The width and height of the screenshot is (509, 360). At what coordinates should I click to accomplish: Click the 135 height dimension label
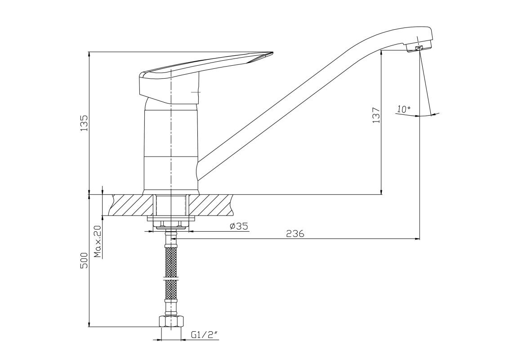point(84,122)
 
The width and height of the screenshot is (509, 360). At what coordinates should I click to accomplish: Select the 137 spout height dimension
point(376,115)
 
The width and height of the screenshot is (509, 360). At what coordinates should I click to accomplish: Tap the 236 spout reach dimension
point(295,234)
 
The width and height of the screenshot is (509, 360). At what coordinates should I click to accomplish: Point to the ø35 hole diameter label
point(238,226)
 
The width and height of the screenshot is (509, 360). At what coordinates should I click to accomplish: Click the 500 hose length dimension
point(84,260)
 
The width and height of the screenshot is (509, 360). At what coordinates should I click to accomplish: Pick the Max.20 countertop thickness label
point(98,241)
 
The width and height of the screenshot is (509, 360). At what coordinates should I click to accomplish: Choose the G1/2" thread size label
point(204,334)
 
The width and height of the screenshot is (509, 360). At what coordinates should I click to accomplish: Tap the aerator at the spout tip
point(419,48)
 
